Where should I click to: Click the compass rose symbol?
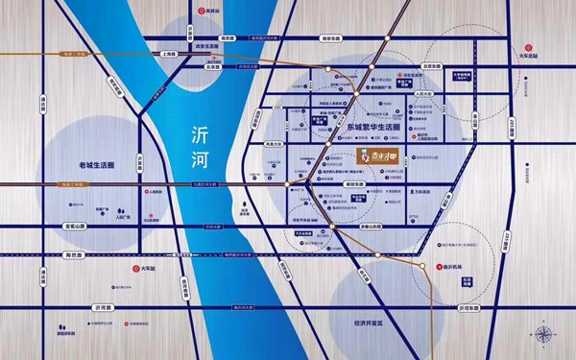[x=544, y=335]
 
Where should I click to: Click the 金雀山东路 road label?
[x=370, y=226]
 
